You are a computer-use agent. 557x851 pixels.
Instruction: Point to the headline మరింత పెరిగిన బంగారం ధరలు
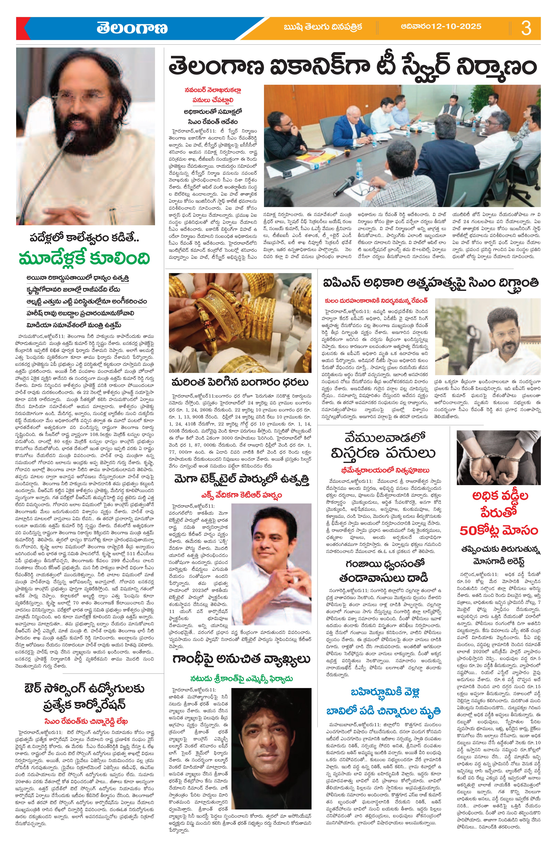(x=240, y=382)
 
